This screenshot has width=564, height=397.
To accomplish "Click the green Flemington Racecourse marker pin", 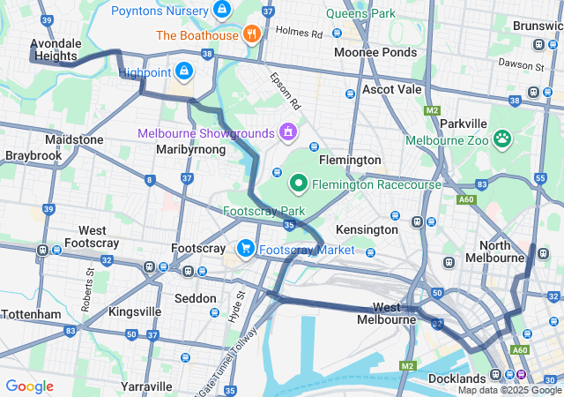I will (x=298, y=184).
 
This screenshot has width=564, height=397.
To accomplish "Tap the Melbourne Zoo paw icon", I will (x=502, y=139).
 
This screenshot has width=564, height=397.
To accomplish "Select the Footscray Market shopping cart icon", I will (x=246, y=250).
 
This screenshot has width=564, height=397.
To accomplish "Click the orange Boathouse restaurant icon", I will (x=252, y=35).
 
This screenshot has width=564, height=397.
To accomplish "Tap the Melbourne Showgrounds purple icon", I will (x=286, y=133).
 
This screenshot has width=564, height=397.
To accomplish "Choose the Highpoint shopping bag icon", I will (x=182, y=71).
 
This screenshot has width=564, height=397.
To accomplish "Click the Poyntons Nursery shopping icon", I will (x=222, y=11).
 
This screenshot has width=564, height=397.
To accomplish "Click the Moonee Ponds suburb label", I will (x=375, y=53).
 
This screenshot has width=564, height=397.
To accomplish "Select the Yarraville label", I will (x=146, y=386).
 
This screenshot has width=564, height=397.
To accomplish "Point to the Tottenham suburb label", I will (x=31, y=314).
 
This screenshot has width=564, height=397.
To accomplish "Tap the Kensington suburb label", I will (x=367, y=229).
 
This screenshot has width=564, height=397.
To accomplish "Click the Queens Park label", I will (x=360, y=14).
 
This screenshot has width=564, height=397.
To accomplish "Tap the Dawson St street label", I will (x=522, y=65).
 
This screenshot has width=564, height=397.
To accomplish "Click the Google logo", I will (x=29, y=386).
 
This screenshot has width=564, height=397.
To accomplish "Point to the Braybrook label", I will (x=33, y=155).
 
